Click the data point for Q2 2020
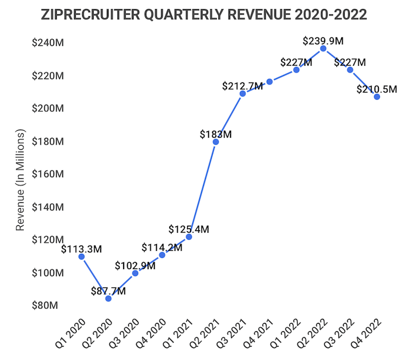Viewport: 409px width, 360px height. pyautogui.click(x=108, y=298)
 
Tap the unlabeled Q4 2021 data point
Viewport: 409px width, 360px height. pyautogui.click(x=269, y=82)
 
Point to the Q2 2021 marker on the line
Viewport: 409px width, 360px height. pyautogui.click(x=216, y=141)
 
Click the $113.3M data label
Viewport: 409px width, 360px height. pyautogui.click(x=81, y=249)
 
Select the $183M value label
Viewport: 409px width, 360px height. pyautogui.click(x=216, y=134)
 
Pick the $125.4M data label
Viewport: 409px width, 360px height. pyautogui.click(x=189, y=229)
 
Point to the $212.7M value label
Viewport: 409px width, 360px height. pyautogui.click(x=242, y=86)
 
